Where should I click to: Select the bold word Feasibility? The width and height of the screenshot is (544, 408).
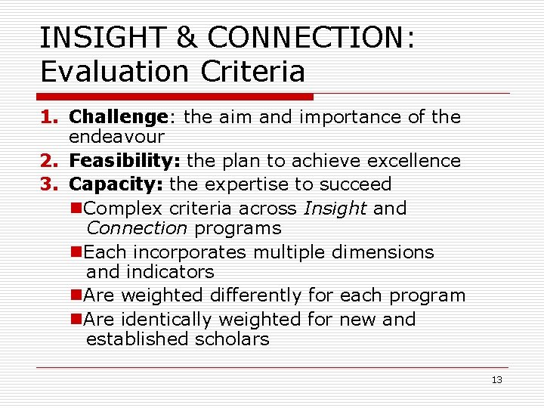tap(125, 161)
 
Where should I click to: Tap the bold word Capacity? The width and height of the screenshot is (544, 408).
tap(116, 184)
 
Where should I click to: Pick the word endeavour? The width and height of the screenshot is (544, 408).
tap(116, 138)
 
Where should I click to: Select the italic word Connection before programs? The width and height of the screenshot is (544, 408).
tap(137, 228)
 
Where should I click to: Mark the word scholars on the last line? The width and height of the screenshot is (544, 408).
tap(232, 339)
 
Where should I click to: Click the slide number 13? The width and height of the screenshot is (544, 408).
tap(496, 380)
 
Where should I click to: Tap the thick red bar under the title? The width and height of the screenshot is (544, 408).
tap(175, 97)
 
